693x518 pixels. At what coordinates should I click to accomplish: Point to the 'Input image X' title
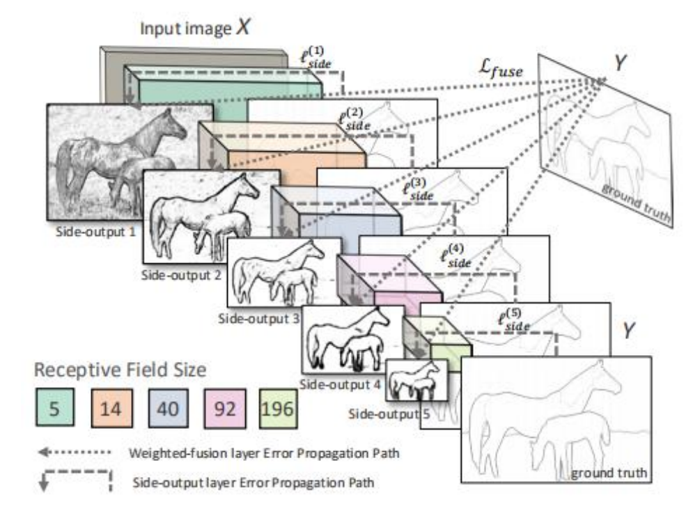196,29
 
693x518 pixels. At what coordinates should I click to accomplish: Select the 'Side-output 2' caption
182,275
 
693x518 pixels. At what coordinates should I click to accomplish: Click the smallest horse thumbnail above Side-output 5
413,379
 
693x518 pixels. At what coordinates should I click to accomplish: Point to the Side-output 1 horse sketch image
129,159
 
